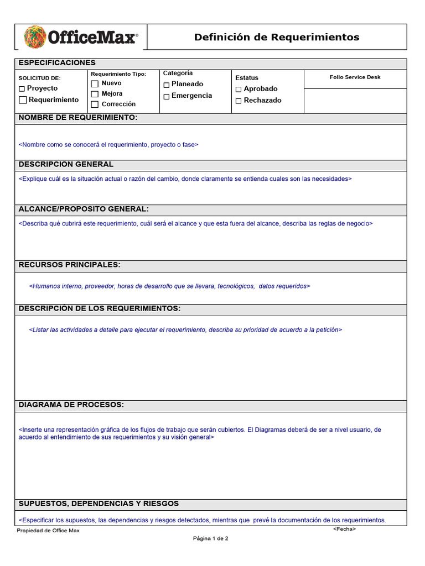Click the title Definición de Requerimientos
(x=276, y=37)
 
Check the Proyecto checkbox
(x=22, y=88)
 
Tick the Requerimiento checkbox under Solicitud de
(x=23, y=100)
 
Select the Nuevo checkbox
(x=95, y=83)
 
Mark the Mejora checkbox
(x=95, y=94)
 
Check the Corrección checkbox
(x=95, y=104)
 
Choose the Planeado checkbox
(x=167, y=85)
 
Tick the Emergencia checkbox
(x=167, y=96)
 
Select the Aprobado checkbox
(x=239, y=89)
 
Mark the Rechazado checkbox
(x=239, y=101)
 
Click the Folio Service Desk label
(x=355, y=77)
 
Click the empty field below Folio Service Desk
(x=355, y=101)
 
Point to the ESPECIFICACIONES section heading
(x=57, y=63)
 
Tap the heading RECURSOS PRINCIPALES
(x=69, y=265)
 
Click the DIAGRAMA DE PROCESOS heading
(x=71, y=405)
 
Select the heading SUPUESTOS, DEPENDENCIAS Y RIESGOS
(x=99, y=504)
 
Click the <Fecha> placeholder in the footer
(x=344, y=529)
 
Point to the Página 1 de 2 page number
(x=210, y=538)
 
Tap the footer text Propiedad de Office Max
(x=48, y=531)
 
